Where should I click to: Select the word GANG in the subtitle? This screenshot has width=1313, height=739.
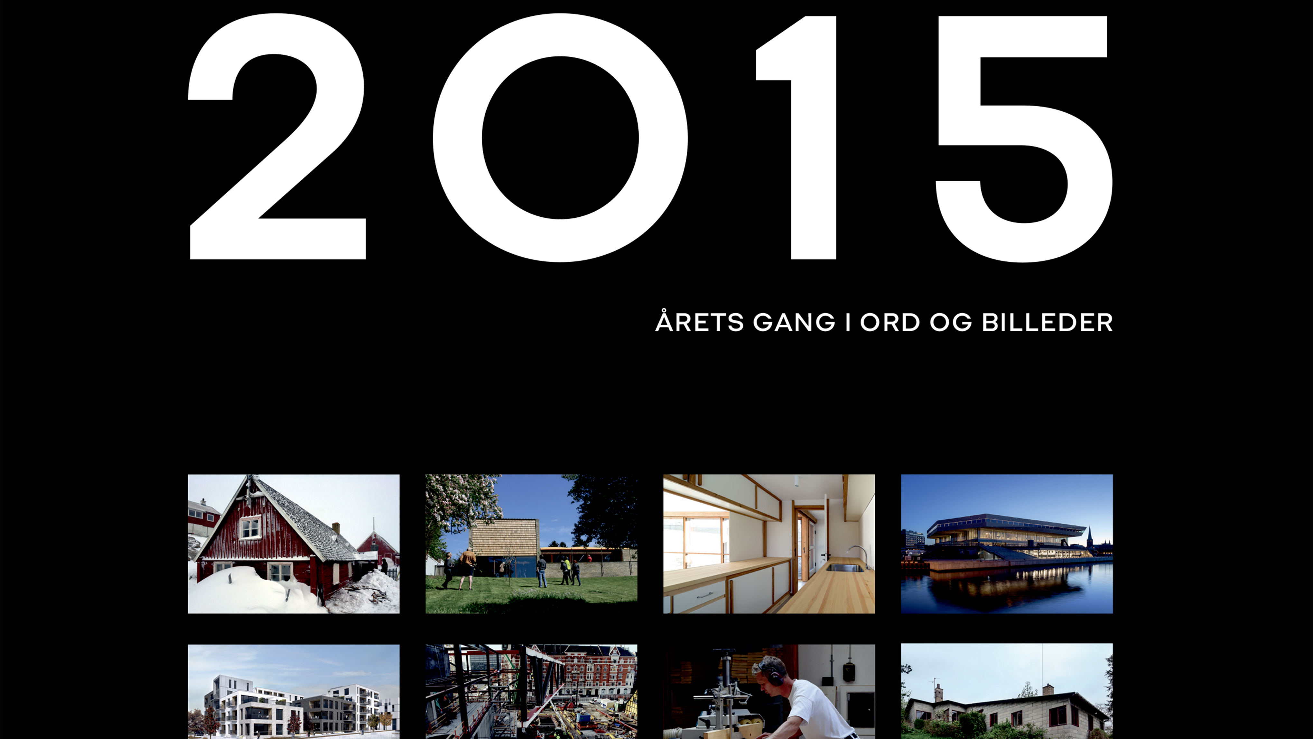(794, 322)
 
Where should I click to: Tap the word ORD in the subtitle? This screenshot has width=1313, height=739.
(890, 322)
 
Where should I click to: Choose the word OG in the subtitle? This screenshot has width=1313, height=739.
(951, 322)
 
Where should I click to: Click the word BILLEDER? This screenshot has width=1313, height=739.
(1048, 322)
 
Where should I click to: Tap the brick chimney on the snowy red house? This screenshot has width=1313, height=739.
(336, 528)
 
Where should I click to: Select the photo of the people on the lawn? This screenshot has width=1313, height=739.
(531, 544)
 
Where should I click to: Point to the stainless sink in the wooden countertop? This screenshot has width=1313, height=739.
(844, 567)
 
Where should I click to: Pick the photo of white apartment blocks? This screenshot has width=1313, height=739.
(293, 692)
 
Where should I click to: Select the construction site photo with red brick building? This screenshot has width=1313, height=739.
(531, 692)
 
